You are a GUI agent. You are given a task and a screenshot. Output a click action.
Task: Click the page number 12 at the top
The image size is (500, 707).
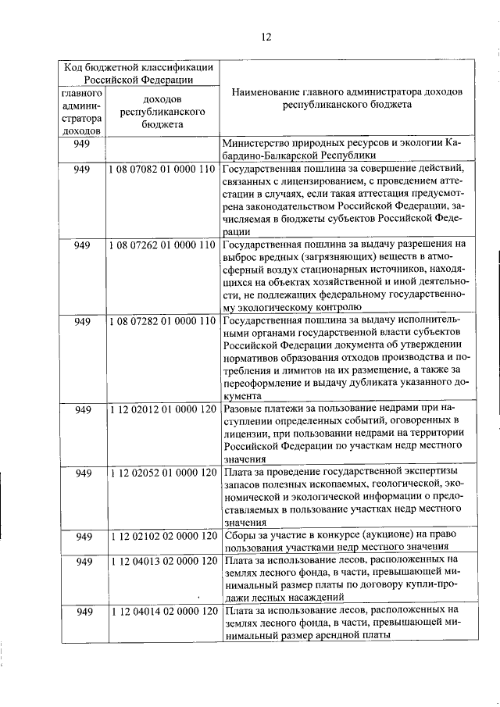pyautogui.click(x=265, y=36)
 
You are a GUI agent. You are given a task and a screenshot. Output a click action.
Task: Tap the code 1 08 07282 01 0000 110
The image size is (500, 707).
pyautogui.click(x=162, y=321)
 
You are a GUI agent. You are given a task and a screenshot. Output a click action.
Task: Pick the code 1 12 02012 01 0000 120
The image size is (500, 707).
pyautogui.click(x=162, y=409)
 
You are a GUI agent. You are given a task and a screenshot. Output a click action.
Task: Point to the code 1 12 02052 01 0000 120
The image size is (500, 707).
pyautogui.click(x=162, y=473)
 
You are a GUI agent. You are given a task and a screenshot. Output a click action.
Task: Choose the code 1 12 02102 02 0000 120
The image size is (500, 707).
pyautogui.click(x=162, y=536)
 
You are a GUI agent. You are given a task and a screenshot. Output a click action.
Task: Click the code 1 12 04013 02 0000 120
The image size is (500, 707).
pyautogui.click(x=162, y=561)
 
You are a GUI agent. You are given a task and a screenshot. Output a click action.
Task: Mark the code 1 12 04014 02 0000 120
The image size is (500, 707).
pyautogui.click(x=162, y=612)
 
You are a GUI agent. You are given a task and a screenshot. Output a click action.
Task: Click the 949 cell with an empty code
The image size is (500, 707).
pyautogui.click(x=81, y=144)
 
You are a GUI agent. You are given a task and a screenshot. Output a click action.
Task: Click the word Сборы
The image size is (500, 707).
pyautogui.click(x=239, y=536)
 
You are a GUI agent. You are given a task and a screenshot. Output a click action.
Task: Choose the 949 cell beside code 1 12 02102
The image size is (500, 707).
pyautogui.click(x=81, y=536)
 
